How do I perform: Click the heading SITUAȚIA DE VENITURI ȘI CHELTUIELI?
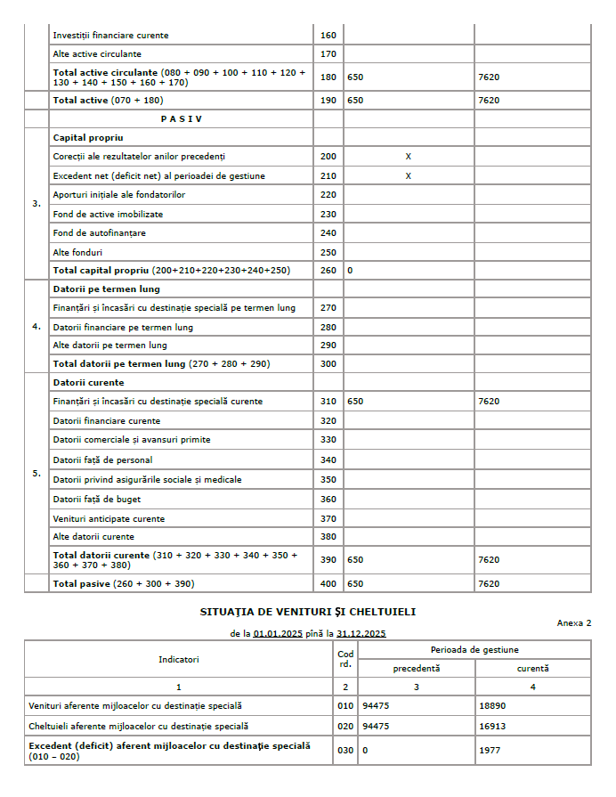(307, 612)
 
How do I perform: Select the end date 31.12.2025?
(363, 634)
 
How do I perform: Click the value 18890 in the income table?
(491, 705)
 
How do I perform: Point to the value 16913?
(491, 726)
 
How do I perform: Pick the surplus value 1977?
(489, 750)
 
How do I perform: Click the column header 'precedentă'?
(417, 668)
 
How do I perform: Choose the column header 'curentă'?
(532, 668)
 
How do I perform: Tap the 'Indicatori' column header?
(179, 660)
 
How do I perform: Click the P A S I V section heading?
(181, 118)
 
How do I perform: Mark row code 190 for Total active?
(328, 101)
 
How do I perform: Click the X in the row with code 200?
(409, 157)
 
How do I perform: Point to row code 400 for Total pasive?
(328, 583)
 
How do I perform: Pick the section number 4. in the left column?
(36, 327)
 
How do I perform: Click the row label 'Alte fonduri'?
(77, 252)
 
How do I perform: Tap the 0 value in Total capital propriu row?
(351, 270)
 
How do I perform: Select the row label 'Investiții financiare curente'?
(110, 36)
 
